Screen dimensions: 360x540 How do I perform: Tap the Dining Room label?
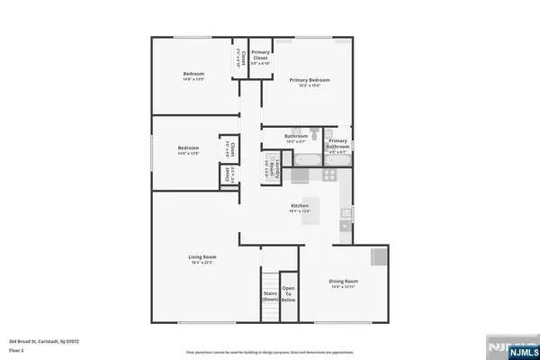pyautogui.click(x=345, y=282)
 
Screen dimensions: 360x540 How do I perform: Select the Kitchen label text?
pyautogui.click(x=300, y=206)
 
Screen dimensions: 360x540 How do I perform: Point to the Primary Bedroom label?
pyautogui.click(x=305, y=80)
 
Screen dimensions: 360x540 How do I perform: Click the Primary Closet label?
pyautogui.click(x=261, y=55)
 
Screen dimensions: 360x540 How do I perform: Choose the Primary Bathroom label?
pyautogui.click(x=337, y=143)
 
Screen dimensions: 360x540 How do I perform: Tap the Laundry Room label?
pyautogui.click(x=266, y=166)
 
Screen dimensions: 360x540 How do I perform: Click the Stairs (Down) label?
pyautogui.click(x=269, y=296)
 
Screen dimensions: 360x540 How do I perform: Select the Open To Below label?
pyautogui.click(x=289, y=294)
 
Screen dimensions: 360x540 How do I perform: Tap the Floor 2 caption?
pyautogui.click(x=15, y=350)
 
